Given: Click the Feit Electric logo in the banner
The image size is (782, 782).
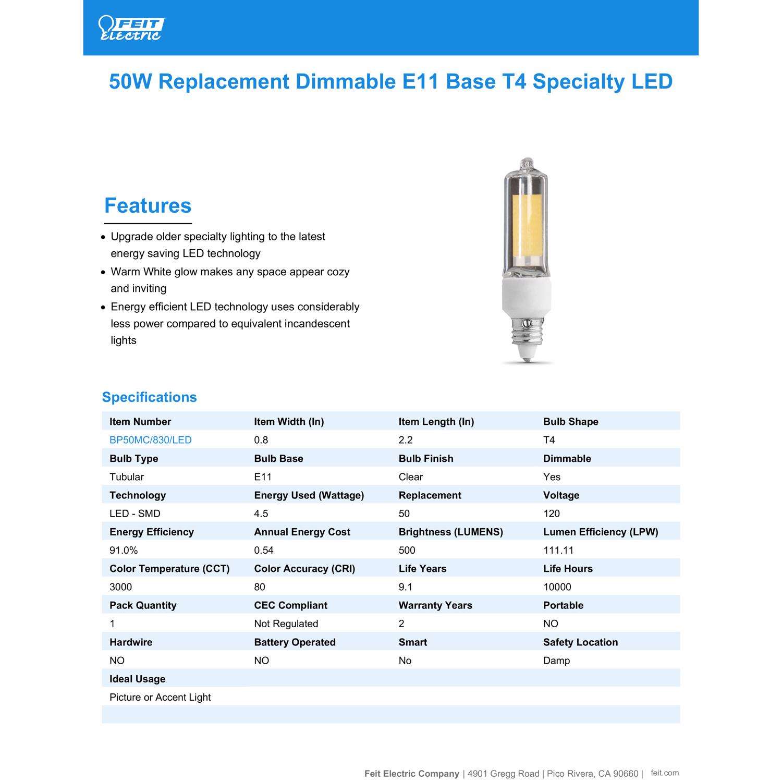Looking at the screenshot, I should click(130, 28).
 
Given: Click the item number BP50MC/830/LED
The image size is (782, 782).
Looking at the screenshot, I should click(150, 440).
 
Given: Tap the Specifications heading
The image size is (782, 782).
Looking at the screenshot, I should click(149, 397).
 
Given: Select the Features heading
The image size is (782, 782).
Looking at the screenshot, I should click(148, 206).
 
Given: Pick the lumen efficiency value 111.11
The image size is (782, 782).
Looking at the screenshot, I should click(558, 550).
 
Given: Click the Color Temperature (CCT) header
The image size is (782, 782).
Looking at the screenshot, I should click(169, 569).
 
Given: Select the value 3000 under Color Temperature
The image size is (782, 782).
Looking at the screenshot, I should click(120, 587).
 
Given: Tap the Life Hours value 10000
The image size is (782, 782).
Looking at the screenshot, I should click(557, 587).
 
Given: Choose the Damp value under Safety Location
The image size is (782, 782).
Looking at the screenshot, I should click(556, 661).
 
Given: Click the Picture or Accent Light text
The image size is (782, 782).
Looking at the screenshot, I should click(160, 698).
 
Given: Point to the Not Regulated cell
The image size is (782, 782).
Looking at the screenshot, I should click(286, 624).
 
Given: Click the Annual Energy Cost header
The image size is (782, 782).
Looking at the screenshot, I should click(302, 532).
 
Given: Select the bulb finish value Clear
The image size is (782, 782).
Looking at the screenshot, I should click(410, 477).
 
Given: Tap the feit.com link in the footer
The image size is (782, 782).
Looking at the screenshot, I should click(665, 773).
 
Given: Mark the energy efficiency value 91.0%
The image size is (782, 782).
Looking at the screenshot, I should click(124, 550).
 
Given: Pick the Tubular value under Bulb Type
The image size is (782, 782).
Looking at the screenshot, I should click(126, 477).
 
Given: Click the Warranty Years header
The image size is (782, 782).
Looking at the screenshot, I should click(435, 605).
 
